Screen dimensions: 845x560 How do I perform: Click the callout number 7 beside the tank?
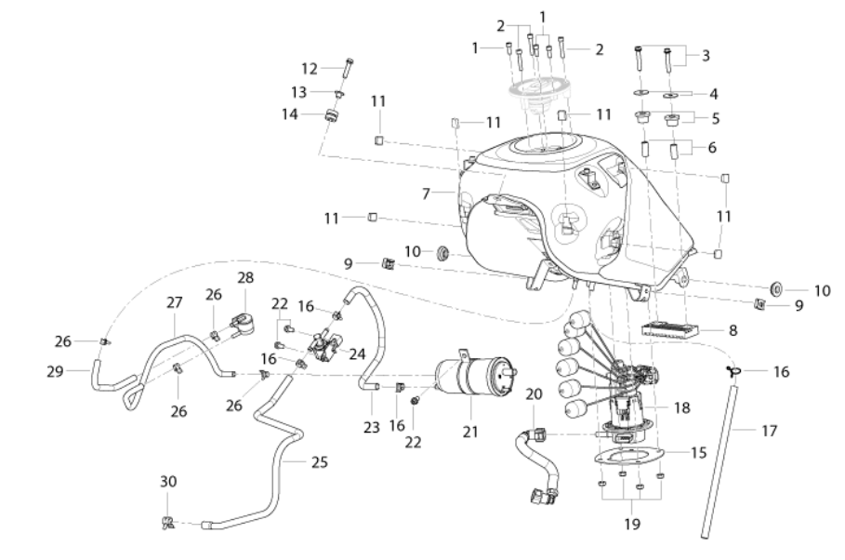(x=426, y=193)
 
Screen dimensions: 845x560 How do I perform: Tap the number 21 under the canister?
(x=470, y=432)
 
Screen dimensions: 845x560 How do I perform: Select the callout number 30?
(x=168, y=481)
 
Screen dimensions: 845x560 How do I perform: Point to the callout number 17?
(x=770, y=431)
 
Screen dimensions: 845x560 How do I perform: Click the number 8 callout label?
(x=733, y=330)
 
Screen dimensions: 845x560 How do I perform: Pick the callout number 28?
(x=245, y=278)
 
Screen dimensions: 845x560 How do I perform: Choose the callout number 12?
(x=310, y=69)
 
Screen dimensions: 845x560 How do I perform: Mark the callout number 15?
(x=698, y=453)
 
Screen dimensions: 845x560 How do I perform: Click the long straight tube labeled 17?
(x=720, y=461)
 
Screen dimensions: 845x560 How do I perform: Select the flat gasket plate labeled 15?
(x=628, y=457)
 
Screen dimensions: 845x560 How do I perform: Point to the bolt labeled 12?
(x=347, y=68)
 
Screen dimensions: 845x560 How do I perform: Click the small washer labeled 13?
(x=339, y=94)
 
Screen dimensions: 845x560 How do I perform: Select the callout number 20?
(x=534, y=394)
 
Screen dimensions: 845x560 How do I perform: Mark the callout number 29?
(x=55, y=371)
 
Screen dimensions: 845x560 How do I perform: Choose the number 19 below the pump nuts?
(x=632, y=524)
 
